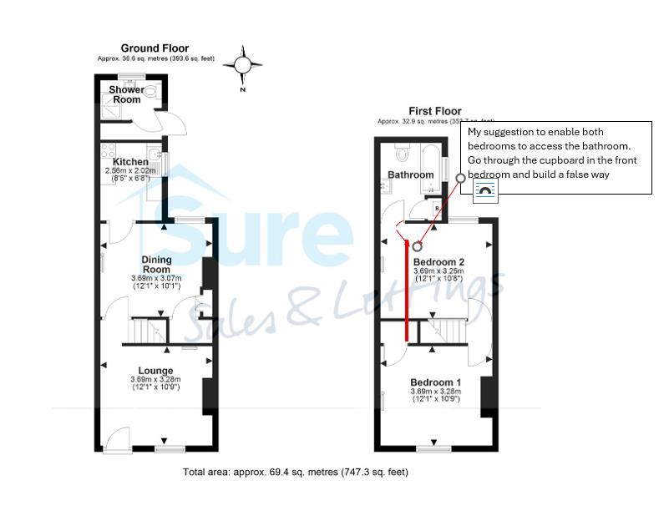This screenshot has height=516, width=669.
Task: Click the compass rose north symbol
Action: tap(242, 64)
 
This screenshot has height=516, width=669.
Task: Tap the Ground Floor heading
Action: tap(155, 48)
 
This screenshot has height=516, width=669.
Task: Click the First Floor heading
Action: tap(434, 111)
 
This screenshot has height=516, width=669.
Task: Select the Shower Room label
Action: tap(127, 94)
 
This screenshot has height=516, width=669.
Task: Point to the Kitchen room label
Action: tap(131, 161)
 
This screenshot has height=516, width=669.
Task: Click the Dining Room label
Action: tap(156, 265)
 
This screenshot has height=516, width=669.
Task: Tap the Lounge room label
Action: tap(156, 371)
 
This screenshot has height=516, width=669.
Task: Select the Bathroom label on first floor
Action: tap(411, 175)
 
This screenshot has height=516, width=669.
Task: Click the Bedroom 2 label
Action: tap(438, 261)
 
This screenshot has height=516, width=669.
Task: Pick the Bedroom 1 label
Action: tap(435, 382)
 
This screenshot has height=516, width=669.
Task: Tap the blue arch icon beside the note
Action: tap(485, 192)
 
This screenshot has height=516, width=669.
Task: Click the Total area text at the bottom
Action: tap(295, 472)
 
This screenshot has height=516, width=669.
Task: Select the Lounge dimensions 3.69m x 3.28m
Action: tap(155, 380)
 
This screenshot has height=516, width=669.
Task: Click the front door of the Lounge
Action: tap(119, 438)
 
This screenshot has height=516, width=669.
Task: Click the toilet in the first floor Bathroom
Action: tap(401, 153)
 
